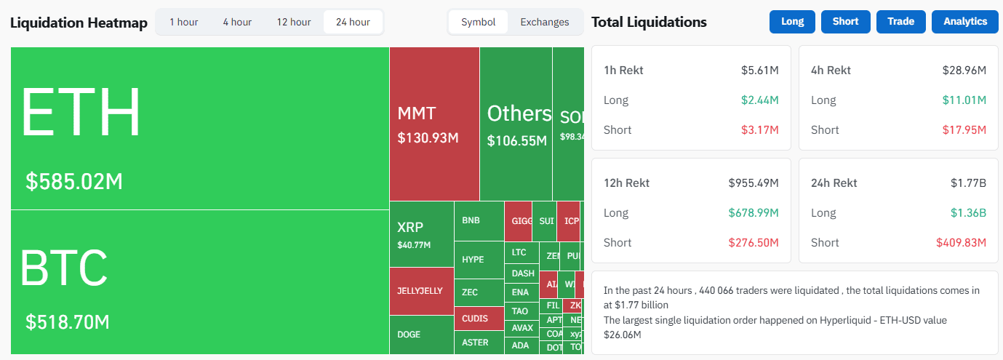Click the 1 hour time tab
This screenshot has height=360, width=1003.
click(183, 22)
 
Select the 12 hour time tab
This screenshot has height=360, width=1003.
click(293, 22)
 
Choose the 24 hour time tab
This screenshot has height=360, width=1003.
click(353, 22)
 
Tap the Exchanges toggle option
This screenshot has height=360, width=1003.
click(544, 22)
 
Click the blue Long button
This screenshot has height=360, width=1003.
click(792, 21)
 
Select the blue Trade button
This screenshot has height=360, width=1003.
click(900, 21)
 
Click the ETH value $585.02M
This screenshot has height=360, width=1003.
click(74, 181)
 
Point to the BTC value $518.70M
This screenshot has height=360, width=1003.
click(68, 321)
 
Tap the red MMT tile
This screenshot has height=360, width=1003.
click(434, 124)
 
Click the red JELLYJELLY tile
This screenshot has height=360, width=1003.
click(420, 291)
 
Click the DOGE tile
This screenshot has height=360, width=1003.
click(420, 335)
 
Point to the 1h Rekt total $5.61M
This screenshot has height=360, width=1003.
click(760, 71)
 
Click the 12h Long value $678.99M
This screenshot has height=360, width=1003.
click(754, 213)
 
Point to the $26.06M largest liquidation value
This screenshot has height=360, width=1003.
click(622, 335)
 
